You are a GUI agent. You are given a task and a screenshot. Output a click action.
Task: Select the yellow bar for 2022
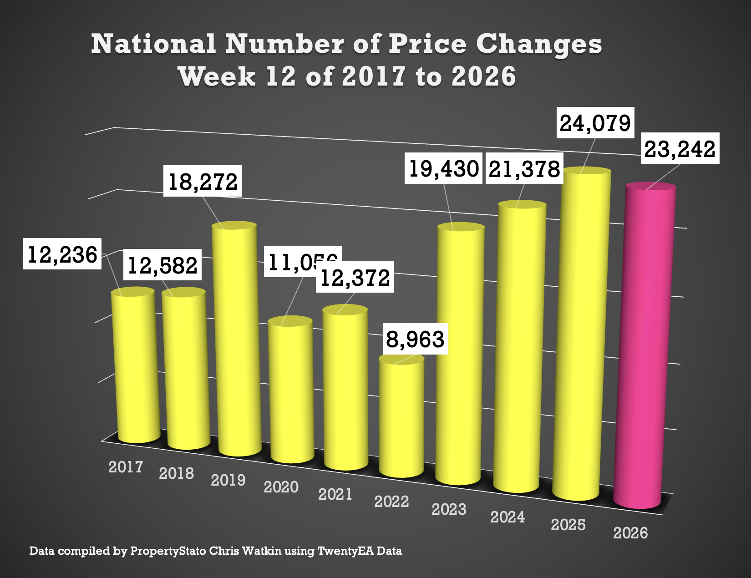(401, 419)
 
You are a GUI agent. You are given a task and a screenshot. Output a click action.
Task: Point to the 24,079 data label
(595, 123)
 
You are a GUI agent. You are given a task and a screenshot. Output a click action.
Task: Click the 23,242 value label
(680, 148)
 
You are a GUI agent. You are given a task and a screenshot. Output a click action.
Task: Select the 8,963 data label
(415, 339)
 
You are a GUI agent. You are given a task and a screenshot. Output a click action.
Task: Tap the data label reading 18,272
(203, 182)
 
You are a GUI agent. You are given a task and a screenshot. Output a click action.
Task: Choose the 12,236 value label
(63, 254)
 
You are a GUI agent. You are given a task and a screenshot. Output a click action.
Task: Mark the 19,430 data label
(444, 168)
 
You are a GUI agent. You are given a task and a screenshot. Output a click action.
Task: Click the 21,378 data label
(524, 169)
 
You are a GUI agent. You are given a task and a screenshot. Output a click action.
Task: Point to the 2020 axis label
(281, 487)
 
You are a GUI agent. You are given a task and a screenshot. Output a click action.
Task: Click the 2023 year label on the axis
(449, 509)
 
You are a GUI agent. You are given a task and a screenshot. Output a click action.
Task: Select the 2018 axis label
(177, 473)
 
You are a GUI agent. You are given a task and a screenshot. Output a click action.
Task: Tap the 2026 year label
(630, 533)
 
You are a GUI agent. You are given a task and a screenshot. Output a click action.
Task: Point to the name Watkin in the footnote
(261, 551)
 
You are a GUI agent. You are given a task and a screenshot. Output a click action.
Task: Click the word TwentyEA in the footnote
(345, 551)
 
